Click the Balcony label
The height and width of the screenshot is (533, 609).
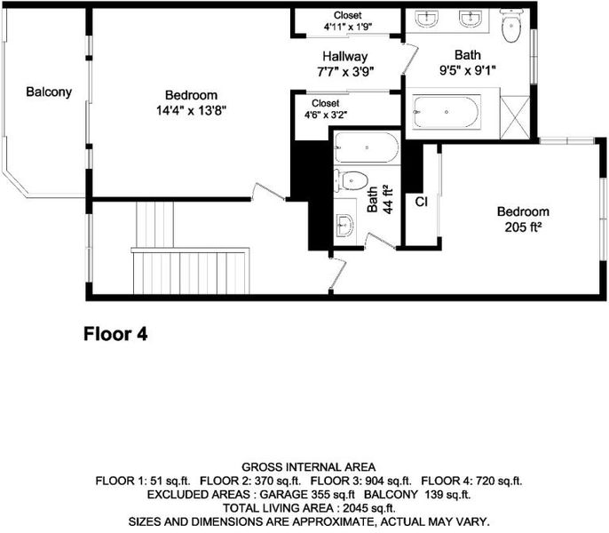[49, 92]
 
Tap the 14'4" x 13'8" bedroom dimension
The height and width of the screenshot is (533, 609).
[191, 111]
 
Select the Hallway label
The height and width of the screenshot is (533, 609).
[344, 57]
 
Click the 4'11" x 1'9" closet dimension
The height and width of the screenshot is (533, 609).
[348, 27]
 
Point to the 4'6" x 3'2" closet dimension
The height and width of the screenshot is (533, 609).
[326, 115]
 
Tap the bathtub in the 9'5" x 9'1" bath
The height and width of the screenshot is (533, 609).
[447, 112]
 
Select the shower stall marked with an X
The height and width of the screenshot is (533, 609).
[515, 117]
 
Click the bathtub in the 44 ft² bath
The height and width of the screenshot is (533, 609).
[367, 147]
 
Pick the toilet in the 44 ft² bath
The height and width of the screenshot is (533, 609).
[352, 181]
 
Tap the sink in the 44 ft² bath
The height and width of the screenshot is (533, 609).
[344, 225]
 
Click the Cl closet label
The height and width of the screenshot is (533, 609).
[422, 202]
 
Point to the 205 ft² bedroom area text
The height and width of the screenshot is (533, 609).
[523, 227]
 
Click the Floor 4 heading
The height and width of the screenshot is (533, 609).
[115, 334]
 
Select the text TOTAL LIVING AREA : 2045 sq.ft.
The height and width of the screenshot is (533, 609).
[309, 508]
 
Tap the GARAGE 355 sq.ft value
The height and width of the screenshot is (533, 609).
[307, 495]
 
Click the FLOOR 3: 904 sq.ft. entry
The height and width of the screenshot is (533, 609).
[360, 481]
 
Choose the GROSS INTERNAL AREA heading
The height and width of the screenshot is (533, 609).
[309, 467]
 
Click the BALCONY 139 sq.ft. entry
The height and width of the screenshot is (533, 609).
[417, 495]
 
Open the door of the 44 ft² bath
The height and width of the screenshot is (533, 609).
[381, 240]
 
